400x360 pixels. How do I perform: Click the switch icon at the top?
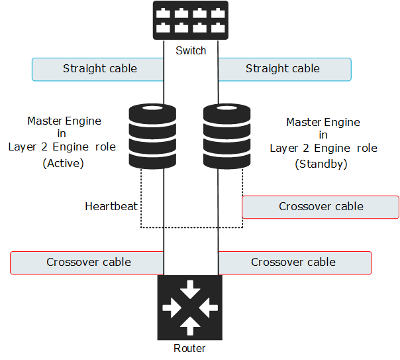[190, 20]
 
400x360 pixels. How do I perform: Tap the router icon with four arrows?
[190, 307]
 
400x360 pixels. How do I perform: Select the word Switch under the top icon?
[191, 50]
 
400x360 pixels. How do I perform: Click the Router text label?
[189, 348]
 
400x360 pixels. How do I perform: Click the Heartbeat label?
[111, 206]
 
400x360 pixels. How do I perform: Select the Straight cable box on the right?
[284, 69]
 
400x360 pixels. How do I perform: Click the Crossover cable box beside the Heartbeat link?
[321, 207]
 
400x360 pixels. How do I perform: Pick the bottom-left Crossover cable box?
[87, 263]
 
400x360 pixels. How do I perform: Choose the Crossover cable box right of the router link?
[294, 263]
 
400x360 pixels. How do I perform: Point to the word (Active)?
[62, 162]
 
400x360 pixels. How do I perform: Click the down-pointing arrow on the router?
[190, 289]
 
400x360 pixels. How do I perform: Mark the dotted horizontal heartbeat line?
[192, 227]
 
